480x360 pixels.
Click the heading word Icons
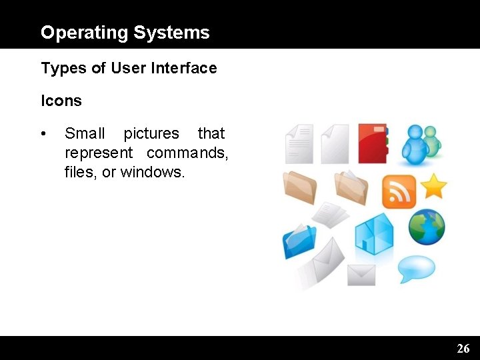coord(61,101)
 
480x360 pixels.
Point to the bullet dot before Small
coord(43,134)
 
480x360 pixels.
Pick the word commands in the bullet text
coord(187,153)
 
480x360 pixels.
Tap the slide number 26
coord(463,348)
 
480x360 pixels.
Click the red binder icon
coord(372,143)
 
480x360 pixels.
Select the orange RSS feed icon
coord(399,192)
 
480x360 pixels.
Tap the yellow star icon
coord(434,186)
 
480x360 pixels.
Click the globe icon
coord(427,227)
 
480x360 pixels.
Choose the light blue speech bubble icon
coord(417,269)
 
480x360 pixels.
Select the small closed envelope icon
coord(361,274)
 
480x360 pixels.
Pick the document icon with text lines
coord(299,143)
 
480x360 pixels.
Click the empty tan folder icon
coord(300,187)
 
